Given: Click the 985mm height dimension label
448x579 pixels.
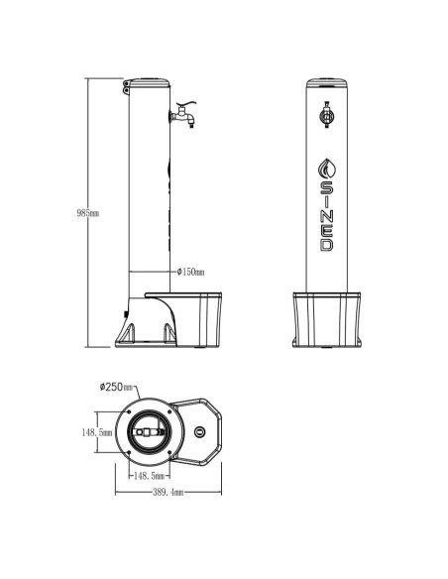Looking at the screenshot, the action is click(x=88, y=213).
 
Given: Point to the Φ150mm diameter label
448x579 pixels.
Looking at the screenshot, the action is click(x=190, y=272).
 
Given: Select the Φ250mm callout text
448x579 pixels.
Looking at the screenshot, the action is click(x=116, y=387).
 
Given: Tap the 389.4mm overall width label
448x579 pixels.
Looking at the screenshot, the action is click(x=168, y=492).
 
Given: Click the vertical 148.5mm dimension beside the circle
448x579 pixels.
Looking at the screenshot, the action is click(x=97, y=432).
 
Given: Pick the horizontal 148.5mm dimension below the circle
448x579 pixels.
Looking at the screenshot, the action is click(x=149, y=476).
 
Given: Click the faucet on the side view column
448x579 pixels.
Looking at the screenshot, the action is click(x=182, y=115).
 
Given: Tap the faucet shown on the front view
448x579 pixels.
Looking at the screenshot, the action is click(x=327, y=115).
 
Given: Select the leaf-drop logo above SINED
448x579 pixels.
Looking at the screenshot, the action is click(x=327, y=169).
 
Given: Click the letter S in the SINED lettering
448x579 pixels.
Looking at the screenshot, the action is click(x=327, y=188).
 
